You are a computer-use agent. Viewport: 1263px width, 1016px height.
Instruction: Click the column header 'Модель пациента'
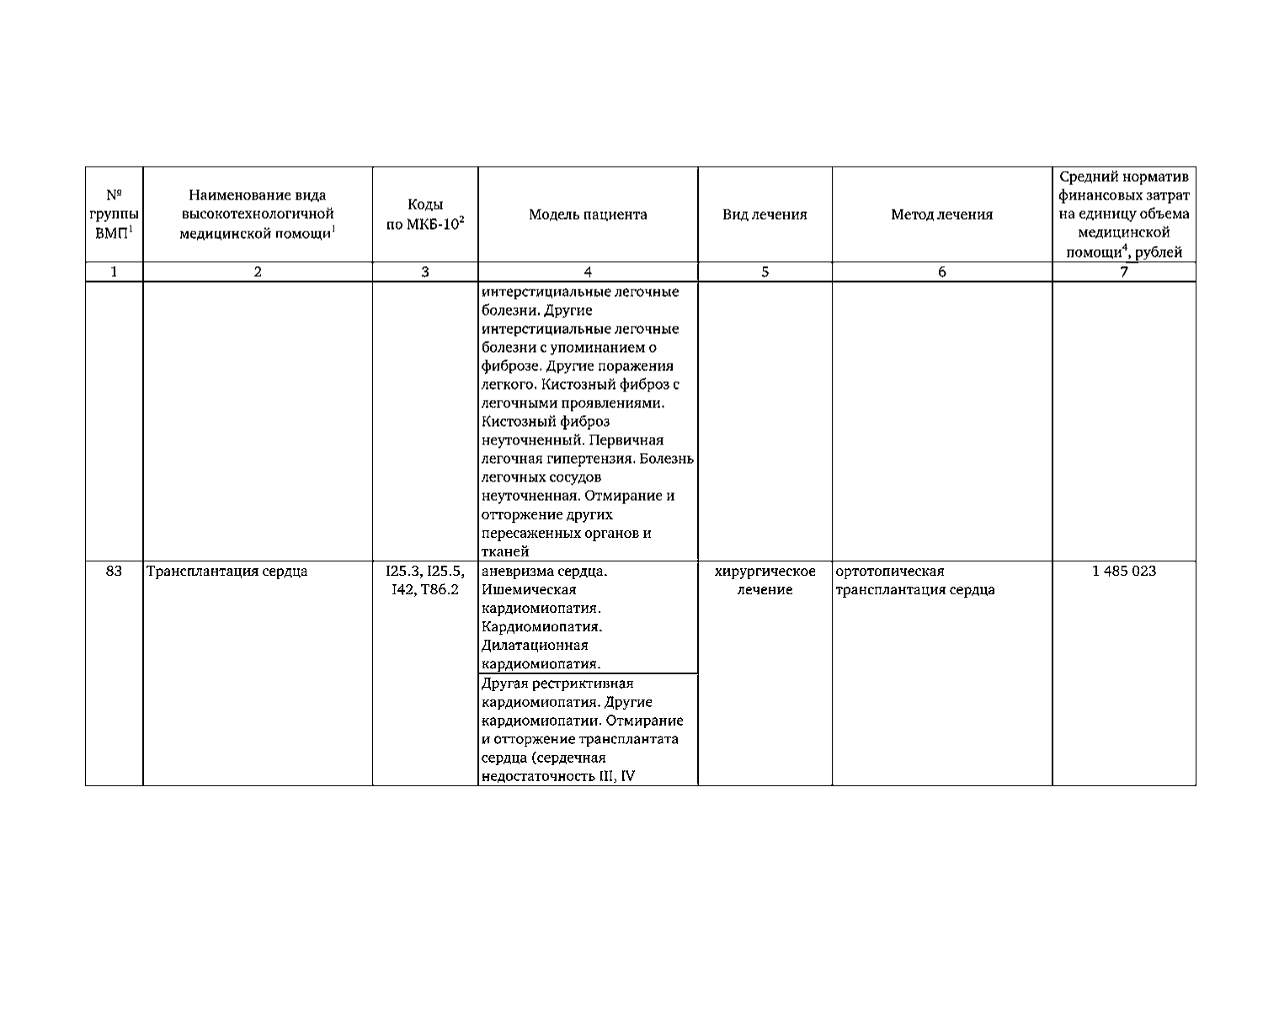pyautogui.click(x=588, y=215)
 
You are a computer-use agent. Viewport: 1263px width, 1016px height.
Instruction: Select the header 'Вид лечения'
pyautogui.click(x=765, y=215)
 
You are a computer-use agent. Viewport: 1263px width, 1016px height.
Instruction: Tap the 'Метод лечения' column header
pyautogui.click(x=941, y=215)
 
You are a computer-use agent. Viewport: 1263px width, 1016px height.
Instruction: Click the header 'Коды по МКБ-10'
pyautogui.click(x=425, y=215)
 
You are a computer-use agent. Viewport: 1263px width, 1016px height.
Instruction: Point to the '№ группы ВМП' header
pyautogui.click(x=114, y=215)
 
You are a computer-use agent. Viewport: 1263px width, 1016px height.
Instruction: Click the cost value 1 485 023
pyautogui.click(x=1123, y=571)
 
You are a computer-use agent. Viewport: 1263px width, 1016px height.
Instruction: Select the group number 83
pyautogui.click(x=114, y=571)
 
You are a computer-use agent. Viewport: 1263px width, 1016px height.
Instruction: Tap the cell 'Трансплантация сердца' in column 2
pyautogui.click(x=226, y=571)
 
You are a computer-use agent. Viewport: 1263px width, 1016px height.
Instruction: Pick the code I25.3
pyautogui.click(x=402, y=571)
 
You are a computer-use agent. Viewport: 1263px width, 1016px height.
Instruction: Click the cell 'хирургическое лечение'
pyautogui.click(x=765, y=580)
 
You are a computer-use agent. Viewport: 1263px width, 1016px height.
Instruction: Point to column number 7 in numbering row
pyautogui.click(x=1123, y=272)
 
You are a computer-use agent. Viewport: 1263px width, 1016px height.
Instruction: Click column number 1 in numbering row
pyautogui.click(x=114, y=272)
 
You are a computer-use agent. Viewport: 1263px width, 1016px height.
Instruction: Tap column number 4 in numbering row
pyautogui.click(x=588, y=272)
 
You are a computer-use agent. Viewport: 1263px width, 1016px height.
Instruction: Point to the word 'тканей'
pyautogui.click(x=505, y=551)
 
